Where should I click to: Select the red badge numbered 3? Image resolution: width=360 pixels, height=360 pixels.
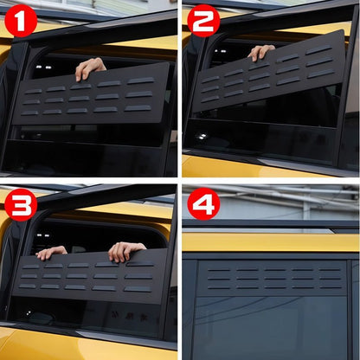21,204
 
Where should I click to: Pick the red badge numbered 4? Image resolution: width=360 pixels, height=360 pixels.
203,204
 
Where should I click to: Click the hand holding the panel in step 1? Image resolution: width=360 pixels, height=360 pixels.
89,67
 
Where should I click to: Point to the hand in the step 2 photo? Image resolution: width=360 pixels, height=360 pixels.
260,52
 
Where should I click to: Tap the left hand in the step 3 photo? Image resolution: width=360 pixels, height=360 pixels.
51,252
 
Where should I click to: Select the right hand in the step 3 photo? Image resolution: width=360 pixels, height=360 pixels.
125,251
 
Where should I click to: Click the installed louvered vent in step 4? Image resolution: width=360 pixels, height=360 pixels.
273,277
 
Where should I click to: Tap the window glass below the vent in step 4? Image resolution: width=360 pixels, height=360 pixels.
273,325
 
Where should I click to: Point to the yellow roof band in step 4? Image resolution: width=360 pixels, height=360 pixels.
273,241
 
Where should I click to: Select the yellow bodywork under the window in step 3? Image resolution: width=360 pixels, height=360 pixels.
87,342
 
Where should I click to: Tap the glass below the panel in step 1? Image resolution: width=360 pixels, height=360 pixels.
87,151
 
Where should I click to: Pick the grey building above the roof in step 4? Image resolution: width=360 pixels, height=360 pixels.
286,203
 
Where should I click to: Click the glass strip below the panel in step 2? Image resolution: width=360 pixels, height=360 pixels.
260,138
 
